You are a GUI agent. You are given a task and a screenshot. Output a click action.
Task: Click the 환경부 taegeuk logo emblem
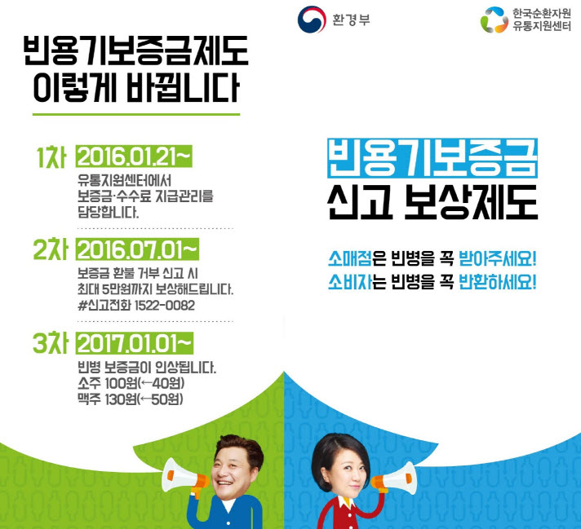pyautogui.click(x=312, y=20)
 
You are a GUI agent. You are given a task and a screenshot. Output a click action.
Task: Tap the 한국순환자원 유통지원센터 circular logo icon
pyautogui.click(x=495, y=20)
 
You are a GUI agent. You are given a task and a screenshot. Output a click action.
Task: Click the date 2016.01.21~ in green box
pyautogui.click(x=134, y=156)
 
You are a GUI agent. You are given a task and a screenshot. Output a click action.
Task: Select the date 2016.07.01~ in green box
pyautogui.click(x=137, y=249)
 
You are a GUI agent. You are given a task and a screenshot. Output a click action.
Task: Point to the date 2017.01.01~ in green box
pyautogui.click(x=135, y=343)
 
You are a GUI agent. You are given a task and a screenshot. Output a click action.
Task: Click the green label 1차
pyautogui.click(x=51, y=157)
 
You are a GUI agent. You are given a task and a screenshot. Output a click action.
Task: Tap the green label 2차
pyautogui.click(x=51, y=249)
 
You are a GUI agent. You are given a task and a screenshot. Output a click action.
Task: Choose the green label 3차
pyautogui.click(x=51, y=343)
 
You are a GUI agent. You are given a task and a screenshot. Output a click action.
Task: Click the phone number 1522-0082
pyautogui.click(x=164, y=306)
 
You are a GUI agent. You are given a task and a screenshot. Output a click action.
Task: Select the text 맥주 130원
pyautogui.click(x=108, y=399)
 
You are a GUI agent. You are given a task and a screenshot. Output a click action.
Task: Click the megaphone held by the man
pyautogui.click(x=184, y=477)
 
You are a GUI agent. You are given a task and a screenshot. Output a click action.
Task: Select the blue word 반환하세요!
pyautogui.click(x=498, y=282)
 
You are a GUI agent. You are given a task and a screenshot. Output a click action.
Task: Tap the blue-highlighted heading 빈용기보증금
pyautogui.click(x=432, y=158)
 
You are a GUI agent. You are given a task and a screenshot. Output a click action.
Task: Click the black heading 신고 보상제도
pyautogui.click(x=432, y=202)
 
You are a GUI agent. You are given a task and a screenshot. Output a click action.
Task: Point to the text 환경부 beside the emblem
pyautogui.click(x=351, y=20)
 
